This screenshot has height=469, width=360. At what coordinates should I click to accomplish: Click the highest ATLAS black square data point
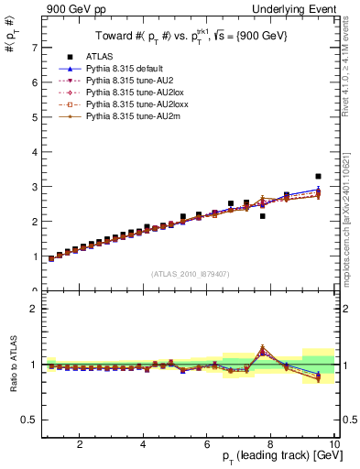click(318, 176)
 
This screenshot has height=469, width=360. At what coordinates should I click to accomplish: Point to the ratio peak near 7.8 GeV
click(263, 348)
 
